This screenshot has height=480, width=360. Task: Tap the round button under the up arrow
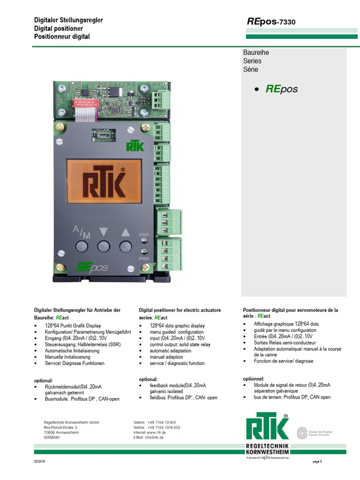[x=125, y=247]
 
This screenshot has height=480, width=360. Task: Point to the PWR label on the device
[x=143, y=258]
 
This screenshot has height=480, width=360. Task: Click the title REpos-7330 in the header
[x=271, y=22]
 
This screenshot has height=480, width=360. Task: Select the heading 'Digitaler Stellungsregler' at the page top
[x=68, y=20]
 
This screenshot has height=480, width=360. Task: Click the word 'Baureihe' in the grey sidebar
[x=256, y=52]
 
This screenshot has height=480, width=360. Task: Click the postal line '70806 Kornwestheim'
[x=61, y=432]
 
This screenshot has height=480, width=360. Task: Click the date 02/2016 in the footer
[x=39, y=462]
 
